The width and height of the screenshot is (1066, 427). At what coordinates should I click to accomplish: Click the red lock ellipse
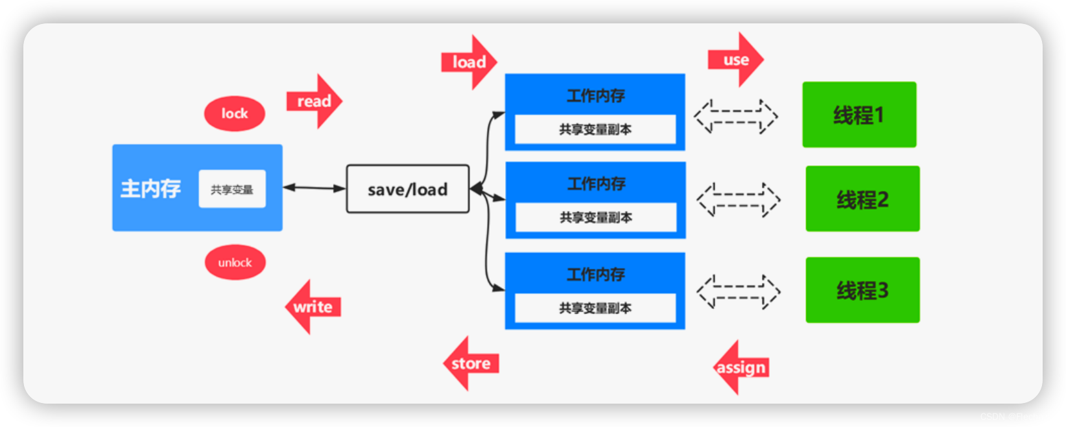tap(235, 114)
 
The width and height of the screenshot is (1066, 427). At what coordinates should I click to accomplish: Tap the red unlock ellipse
tap(235, 262)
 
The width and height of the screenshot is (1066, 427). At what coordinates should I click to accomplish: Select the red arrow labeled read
tap(314, 101)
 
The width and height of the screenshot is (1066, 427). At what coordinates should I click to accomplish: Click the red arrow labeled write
tap(313, 307)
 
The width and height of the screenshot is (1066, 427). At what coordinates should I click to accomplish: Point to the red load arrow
tap(469, 62)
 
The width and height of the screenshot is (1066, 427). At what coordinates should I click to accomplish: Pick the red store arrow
tap(471, 363)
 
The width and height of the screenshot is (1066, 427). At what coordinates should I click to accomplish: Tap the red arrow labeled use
tap(736, 60)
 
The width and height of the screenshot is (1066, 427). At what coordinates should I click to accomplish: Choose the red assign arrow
tap(740, 367)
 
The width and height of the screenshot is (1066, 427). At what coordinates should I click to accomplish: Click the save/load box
tap(407, 189)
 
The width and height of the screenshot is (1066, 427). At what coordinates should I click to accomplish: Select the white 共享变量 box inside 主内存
tap(232, 189)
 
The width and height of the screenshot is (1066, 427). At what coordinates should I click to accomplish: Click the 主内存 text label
tap(150, 189)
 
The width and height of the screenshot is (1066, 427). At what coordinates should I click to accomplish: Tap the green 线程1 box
tap(859, 115)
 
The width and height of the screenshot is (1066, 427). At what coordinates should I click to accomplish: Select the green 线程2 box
tap(862, 199)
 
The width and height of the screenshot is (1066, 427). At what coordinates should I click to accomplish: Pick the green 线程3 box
tap(862, 290)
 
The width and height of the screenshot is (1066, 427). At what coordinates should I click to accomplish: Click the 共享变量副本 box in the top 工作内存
tap(595, 129)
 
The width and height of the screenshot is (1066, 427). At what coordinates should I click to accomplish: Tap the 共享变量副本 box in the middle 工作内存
tap(596, 217)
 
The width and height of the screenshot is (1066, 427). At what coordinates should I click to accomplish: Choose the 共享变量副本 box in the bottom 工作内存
tap(595, 308)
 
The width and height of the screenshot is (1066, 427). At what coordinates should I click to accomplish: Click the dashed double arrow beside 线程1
tap(736, 116)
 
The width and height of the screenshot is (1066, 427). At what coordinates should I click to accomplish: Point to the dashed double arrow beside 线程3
tap(739, 291)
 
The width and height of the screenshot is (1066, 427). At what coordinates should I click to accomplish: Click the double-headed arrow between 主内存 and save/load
tap(314, 188)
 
